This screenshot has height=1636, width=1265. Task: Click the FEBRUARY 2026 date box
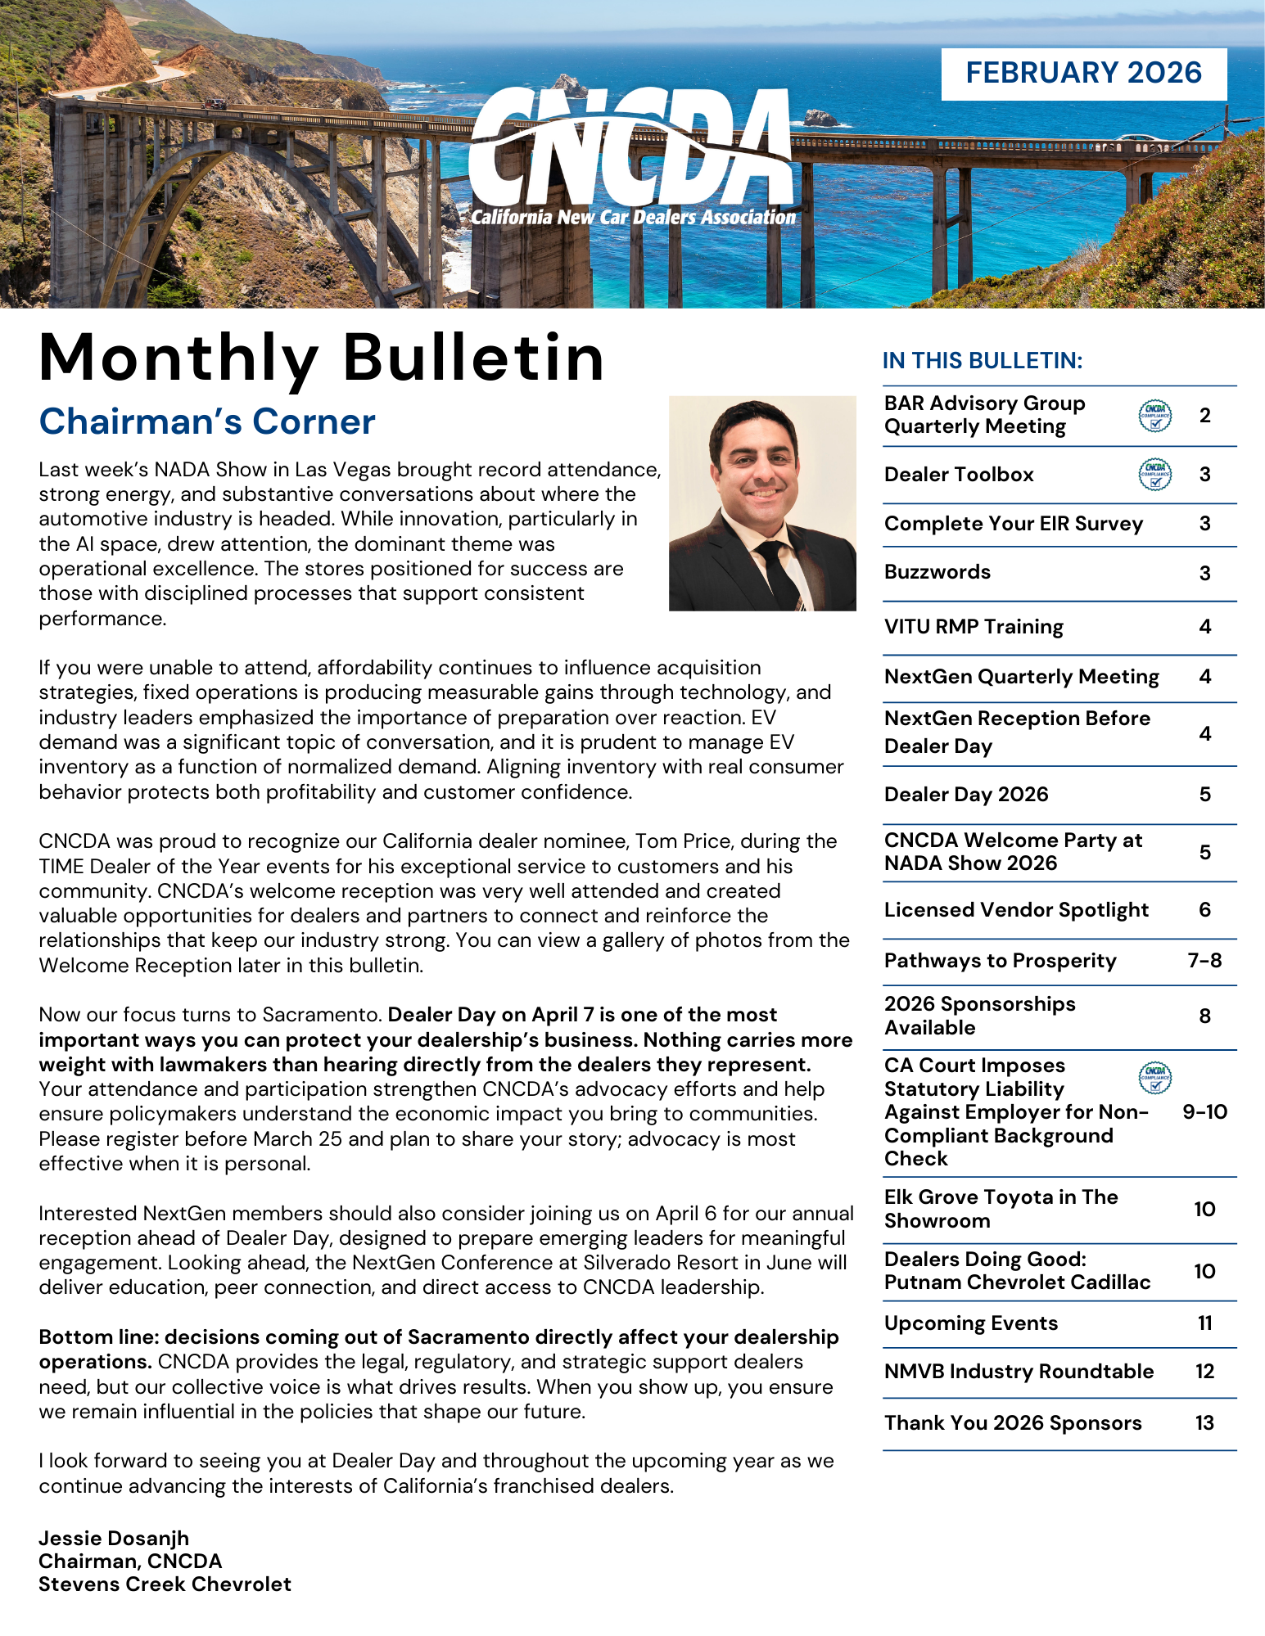(x=1083, y=74)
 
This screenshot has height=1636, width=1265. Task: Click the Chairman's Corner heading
(x=207, y=421)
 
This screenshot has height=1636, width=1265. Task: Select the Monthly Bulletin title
(x=322, y=358)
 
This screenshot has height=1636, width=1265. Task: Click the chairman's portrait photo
(x=762, y=503)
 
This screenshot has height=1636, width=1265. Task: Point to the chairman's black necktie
(x=778, y=573)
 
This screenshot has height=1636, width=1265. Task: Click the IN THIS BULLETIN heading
(x=983, y=361)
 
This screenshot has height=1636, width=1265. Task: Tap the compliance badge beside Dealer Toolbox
(x=1154, y=475)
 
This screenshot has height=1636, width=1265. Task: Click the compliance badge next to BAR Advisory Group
(x=1154, y=416)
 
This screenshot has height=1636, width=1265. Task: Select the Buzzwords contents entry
(x=937, y=572)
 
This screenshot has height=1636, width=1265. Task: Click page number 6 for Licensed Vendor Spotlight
(x=1204, y=910)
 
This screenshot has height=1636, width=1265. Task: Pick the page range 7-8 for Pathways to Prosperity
(x=1204, y=961)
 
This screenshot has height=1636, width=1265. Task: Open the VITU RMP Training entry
(x=974, y=627)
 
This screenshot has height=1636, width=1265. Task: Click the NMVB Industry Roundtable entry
(x=1019, y=1372)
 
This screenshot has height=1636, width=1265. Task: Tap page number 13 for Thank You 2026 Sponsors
(x=1204, y=1423)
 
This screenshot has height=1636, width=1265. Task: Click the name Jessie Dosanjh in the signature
(x=114, y=1538)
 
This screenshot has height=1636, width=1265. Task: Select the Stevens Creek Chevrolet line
(x=165, y=1584)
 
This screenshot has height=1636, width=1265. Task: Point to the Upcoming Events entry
(x=971, y=1323)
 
